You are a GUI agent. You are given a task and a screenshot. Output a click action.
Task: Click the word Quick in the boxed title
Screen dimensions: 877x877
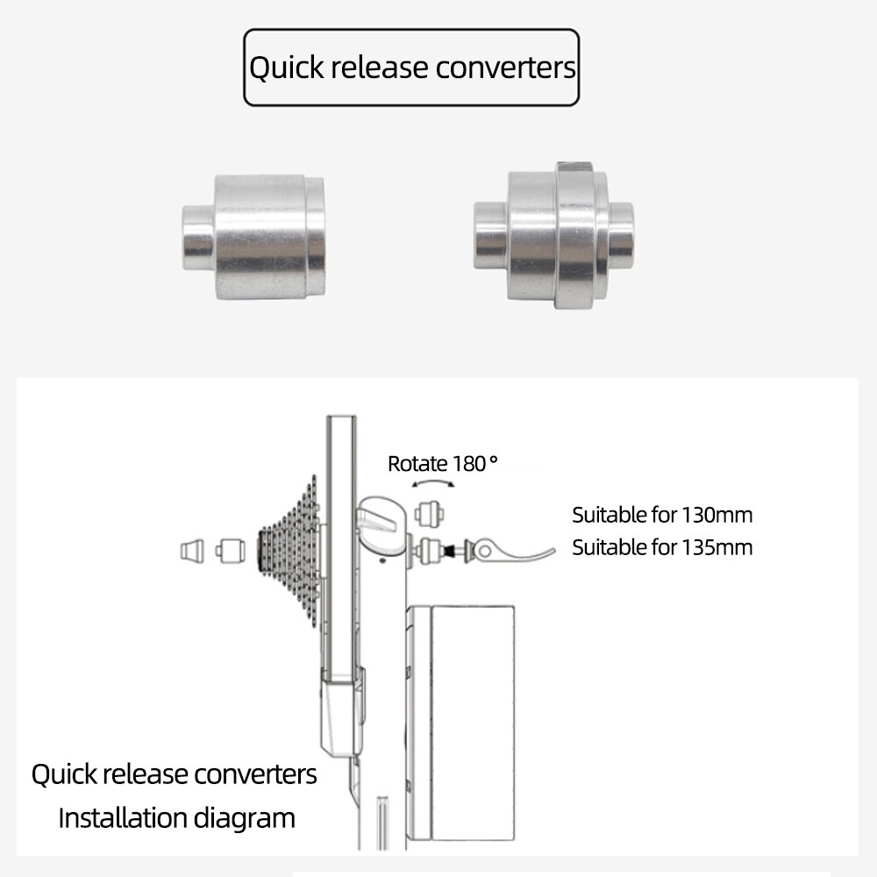[287, 68]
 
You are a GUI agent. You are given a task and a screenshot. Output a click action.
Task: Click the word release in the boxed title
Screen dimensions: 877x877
[380, 68]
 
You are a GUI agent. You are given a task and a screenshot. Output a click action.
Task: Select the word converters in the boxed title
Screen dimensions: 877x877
[506, 68]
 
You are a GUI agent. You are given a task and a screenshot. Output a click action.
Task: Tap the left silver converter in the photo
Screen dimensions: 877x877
[253, 237]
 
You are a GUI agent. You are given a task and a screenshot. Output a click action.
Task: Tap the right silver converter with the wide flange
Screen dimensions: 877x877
[553, 235]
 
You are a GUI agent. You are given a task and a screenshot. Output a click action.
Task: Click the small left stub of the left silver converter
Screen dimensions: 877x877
[198, 238]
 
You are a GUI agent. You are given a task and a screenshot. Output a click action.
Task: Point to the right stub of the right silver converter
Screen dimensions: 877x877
[621, 235]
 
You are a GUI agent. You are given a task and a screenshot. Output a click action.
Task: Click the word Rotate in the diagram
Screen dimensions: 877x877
[417, 464]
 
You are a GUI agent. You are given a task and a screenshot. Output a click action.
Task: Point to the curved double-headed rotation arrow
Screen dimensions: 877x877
[433, 481]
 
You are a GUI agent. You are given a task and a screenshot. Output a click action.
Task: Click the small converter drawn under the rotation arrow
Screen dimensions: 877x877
[430, 513]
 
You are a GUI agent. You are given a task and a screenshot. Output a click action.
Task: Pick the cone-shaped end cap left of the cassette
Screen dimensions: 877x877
[192, 551]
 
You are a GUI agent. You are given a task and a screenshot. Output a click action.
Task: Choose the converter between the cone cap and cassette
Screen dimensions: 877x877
[231, 551]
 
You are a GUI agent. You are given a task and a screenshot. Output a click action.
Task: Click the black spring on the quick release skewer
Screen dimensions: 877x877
[449, 551]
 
